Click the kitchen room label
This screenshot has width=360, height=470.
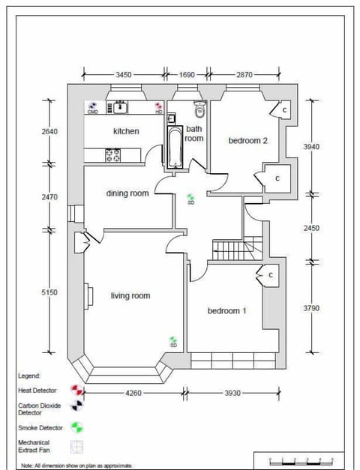[x=126, y=131]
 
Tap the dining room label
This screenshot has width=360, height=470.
[x=127, y=193]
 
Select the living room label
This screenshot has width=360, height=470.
[x=130, y=296]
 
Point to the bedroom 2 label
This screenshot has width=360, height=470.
[x=248, y=140]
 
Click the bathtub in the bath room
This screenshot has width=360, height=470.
[x=173, y=147]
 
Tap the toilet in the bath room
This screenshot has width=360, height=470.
[x=199, y=110]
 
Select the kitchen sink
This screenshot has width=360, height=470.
[x=118, y=108]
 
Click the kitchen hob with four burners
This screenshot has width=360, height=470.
[x=113, y=155]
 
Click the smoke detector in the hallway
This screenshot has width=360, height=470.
[x=190, y=199]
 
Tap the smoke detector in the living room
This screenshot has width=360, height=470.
[x=173, y=342]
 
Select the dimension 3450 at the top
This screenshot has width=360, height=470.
[x=124, y=75]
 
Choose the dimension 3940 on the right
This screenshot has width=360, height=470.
[x=310, y=147]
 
